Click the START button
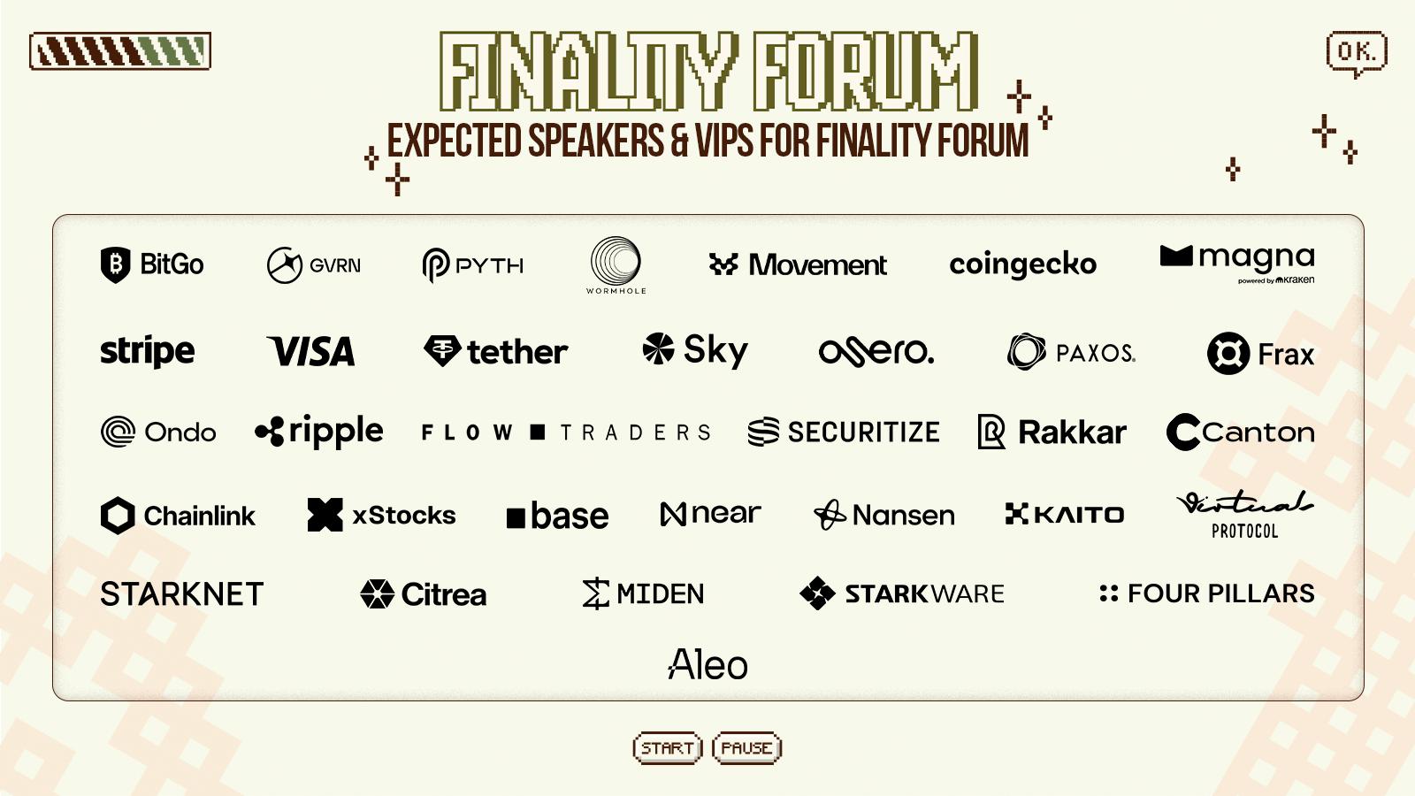[667, 748]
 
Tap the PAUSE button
[746, 748]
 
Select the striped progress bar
[120, 50]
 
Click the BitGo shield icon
[116, 264]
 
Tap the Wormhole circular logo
[616, 261]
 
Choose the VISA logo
[310, 351]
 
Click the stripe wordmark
[147, 351]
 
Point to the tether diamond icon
[442, 350]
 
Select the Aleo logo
[708, 664]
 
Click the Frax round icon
[1228, 353]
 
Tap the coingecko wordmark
[1022, 265]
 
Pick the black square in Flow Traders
[538, 432]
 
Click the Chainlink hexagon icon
[118, 516]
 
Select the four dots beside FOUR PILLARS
[1109, 593]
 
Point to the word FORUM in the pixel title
[866, 71]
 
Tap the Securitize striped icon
[764, 432]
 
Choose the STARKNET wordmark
[182, 594]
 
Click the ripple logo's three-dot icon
[270, 432]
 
